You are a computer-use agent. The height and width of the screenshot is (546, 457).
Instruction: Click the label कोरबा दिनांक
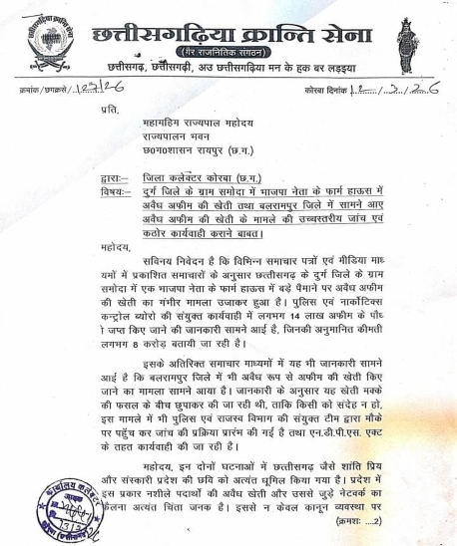coord(332,90)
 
